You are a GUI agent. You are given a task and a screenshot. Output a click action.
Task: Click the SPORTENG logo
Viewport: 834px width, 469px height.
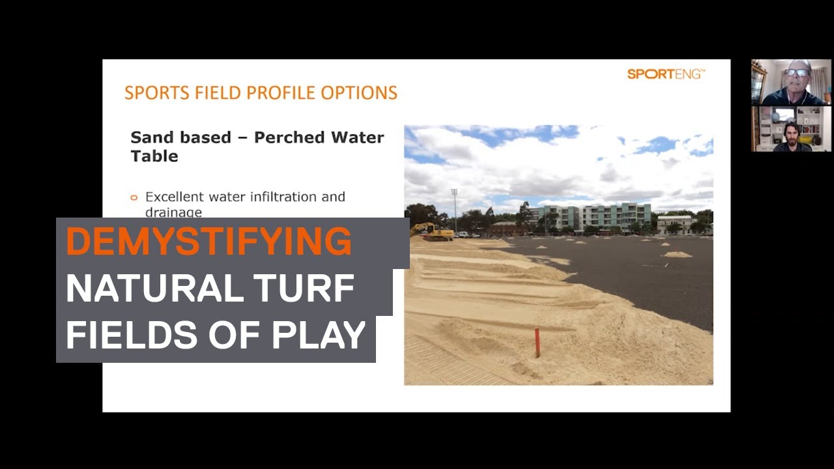[x=666, y=74]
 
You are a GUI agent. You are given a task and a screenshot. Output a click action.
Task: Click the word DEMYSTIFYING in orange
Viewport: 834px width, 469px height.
[x=209, y=241]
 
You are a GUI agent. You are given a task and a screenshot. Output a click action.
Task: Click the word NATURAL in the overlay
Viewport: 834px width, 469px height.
[x=155, y=288]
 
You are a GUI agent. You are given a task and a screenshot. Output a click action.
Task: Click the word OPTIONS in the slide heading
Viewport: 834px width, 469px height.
[x=359, y=92]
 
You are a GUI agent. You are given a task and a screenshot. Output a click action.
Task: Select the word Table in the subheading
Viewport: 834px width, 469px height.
[x=154, y=156]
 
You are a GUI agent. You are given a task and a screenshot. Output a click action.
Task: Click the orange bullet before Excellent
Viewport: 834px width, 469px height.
[x=134, y=197]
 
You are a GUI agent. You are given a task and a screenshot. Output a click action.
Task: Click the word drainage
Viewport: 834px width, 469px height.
[x=173, y=212]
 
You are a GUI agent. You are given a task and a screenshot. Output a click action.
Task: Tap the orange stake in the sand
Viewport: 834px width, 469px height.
[x=538, y=343]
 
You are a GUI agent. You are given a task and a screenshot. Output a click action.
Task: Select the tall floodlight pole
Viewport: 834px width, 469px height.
[x=455, y=210]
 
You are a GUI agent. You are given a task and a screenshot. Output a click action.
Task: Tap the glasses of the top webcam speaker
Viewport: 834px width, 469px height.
[x=797, y=73]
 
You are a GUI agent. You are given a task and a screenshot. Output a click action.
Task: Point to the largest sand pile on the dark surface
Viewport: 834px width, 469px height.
[x=678, y=254]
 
